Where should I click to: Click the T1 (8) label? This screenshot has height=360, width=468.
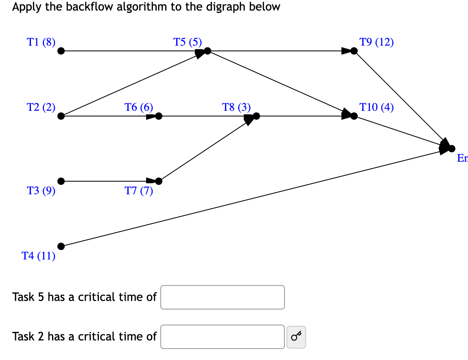pyautogui.click(x=41, y=42)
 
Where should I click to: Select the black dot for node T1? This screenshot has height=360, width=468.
pyautogui.click(x=61, y=51)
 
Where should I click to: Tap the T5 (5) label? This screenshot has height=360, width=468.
pyautogui.click(x=187, y=42)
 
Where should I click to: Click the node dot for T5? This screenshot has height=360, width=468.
pyautogui.click(x=208, y=51)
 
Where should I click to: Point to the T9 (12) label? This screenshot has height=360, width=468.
pyautogui.click(x=376, y=42)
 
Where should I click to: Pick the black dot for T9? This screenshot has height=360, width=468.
pyautogui.click(x=354, y=51)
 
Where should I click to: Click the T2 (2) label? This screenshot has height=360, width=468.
pyautogui.click(x=41, y=108)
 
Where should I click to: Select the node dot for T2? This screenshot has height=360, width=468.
pyautogui.click(x=61, y=116)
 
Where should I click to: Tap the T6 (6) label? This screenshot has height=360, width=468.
pyautogui.click(x=139, y=108)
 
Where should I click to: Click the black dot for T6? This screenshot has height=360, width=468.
pyautogui.click(x=159, y=116)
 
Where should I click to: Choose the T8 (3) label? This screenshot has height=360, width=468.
pyautogui.click(x=236, y=108)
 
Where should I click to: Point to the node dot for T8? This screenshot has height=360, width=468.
pyautogui.click(x=256, y=116)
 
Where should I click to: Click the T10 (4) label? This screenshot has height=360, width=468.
pyautogui.click(x=376, y=108)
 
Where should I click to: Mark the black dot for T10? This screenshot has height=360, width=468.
pyautogui.click(x=354, y=116)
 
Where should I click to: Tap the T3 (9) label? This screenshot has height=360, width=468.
pyautogui.click(x=41, y=191)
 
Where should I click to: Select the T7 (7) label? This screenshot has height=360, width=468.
pyautogui.click(x=139, y=191)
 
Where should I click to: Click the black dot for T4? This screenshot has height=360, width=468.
pyautogui.click(x=61, y=246)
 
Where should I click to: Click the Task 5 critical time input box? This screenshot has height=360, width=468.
pyautogui.click(x=223, y=297)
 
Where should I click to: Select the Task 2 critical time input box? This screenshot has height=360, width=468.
pyautogui.click(x=223, y=337)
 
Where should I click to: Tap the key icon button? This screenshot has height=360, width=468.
pyautogui.click(x=296, y=337)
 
